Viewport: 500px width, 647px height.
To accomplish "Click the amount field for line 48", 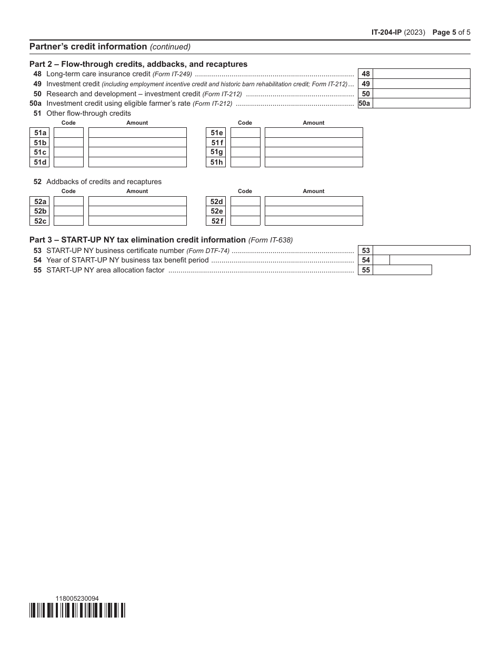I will [x=421, y=74].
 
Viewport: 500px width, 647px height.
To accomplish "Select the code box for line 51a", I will [x=68, y=133].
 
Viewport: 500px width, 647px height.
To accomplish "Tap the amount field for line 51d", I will [x=137, y=162].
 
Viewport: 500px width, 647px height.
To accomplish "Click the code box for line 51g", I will [x=245, y=153].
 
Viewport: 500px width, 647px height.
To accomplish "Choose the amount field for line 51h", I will [x=314, y=162].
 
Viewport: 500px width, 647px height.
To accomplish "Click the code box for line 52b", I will [x=68, y=211].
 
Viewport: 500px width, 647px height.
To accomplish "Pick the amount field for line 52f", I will [x=314, y=221].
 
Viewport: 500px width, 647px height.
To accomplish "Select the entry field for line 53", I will [x=421, y=250].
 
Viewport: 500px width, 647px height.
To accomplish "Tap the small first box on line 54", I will [x=382, y=260].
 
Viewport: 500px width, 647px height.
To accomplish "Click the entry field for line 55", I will [x=402, y=270].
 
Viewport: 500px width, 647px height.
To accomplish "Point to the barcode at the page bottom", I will [x=77, y=610].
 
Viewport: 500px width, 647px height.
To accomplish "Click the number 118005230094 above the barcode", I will [x=77, y=598].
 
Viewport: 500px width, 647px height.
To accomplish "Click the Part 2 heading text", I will [x=138, y=64].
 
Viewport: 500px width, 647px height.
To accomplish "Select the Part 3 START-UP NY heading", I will [x=138, y=240].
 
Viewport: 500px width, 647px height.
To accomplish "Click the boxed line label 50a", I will [x=365, y=104].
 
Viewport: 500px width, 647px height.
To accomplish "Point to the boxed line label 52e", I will [x=216, y=211].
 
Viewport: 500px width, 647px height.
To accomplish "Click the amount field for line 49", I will [x=421, y=84].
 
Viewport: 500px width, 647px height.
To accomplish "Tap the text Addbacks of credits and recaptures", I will [x=104, y=181].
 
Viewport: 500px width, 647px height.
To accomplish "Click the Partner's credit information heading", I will [x=88, y=46].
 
